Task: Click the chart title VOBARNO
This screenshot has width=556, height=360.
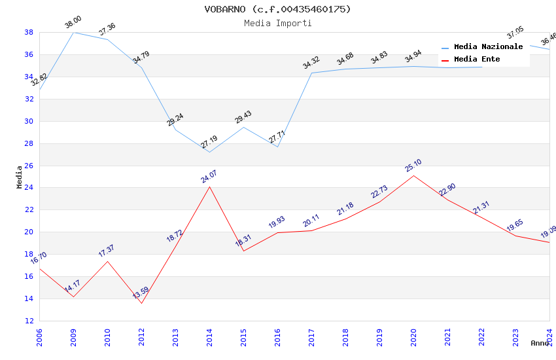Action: (277, 9)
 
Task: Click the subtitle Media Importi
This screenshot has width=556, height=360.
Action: (277, 23)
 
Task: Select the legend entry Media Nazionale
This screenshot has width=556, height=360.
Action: (488, 46)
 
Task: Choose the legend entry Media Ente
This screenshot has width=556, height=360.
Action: (477, 59)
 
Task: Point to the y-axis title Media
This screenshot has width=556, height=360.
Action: (20, 177)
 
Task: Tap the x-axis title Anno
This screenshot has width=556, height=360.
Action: (540, 343)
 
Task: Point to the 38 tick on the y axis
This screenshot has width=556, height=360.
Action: (29, 32)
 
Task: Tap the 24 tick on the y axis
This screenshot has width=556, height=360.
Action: (29, 188)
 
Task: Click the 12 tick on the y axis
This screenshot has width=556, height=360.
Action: (29, 321)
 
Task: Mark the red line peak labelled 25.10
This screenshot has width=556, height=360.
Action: (413, 175)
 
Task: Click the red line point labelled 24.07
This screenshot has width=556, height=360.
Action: (209, 187)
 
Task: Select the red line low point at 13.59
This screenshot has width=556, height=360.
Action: (141, 303)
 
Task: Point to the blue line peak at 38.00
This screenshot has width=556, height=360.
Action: (73, 32)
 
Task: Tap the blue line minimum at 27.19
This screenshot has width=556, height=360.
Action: (209, 153)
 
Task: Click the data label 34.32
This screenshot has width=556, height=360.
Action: (311, 63)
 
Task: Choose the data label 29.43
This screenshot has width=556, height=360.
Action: (243, 117)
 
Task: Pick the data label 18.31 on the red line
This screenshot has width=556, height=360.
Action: (243, 241)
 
